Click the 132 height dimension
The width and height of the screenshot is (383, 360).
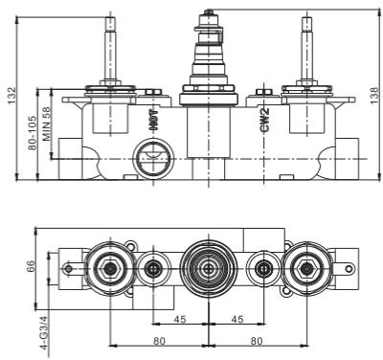pos(11,95)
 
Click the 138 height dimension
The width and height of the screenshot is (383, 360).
pos(374,95)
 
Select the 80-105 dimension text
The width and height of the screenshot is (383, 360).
pos(32,131)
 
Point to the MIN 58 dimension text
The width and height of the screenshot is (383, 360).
pos(47,124)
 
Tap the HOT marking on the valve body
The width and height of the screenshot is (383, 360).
pos(154,120)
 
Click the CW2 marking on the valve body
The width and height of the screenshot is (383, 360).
pos(264,120)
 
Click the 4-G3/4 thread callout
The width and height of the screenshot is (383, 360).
pos(44,333)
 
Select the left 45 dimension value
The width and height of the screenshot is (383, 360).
pos(180,319)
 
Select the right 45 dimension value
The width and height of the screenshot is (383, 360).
pos(237,319)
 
